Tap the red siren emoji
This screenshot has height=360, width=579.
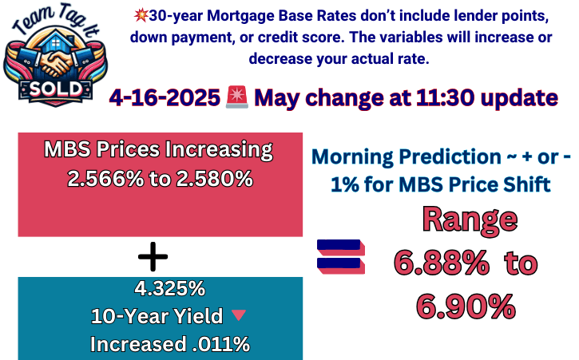point(236,97)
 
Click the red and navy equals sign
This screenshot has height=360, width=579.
point(341,257)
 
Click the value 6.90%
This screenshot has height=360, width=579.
point(466,305)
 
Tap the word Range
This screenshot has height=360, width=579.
point(470,219)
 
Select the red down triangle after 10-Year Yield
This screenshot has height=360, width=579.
point(237,316)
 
